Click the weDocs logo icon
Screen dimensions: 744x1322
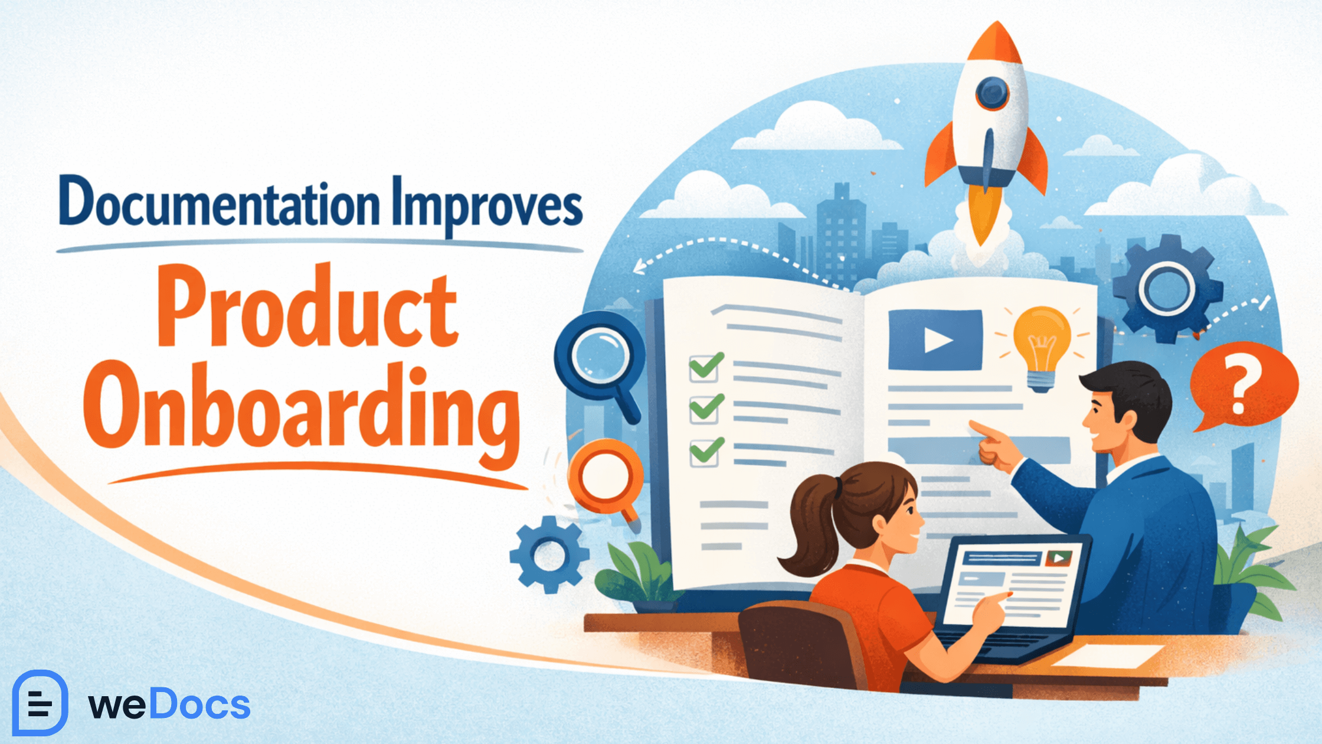click(x=40, y=703)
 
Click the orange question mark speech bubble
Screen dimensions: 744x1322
click(x=1242, y=384)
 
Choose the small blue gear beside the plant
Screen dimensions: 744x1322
click(x=549, y=555)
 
